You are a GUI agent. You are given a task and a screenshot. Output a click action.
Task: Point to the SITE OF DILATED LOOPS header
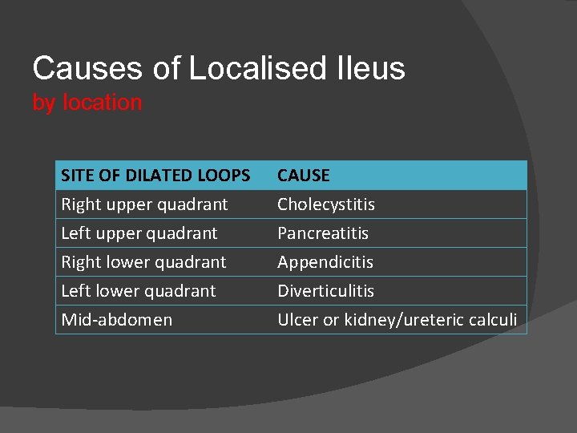pos(155,175)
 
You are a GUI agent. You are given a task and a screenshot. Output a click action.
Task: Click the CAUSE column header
pos(304,175)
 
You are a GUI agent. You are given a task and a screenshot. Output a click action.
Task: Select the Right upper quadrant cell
pos(144,204)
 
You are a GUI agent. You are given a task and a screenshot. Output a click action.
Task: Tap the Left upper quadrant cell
pos(139,233)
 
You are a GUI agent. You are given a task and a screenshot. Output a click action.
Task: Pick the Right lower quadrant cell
pos(143,262)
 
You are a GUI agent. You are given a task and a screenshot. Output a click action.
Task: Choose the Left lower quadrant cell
pos(139,291)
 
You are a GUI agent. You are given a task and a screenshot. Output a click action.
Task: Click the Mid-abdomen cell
pos(117,320)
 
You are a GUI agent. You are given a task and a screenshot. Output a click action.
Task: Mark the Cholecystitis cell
pos(326,204)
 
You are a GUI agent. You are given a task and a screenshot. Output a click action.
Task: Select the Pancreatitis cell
pos(323,233)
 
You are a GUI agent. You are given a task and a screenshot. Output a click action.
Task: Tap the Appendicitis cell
pos(325,262)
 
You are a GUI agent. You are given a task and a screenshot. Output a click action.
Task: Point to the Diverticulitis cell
pos(326,291)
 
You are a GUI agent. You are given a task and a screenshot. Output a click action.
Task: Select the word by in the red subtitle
pos(44,103)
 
